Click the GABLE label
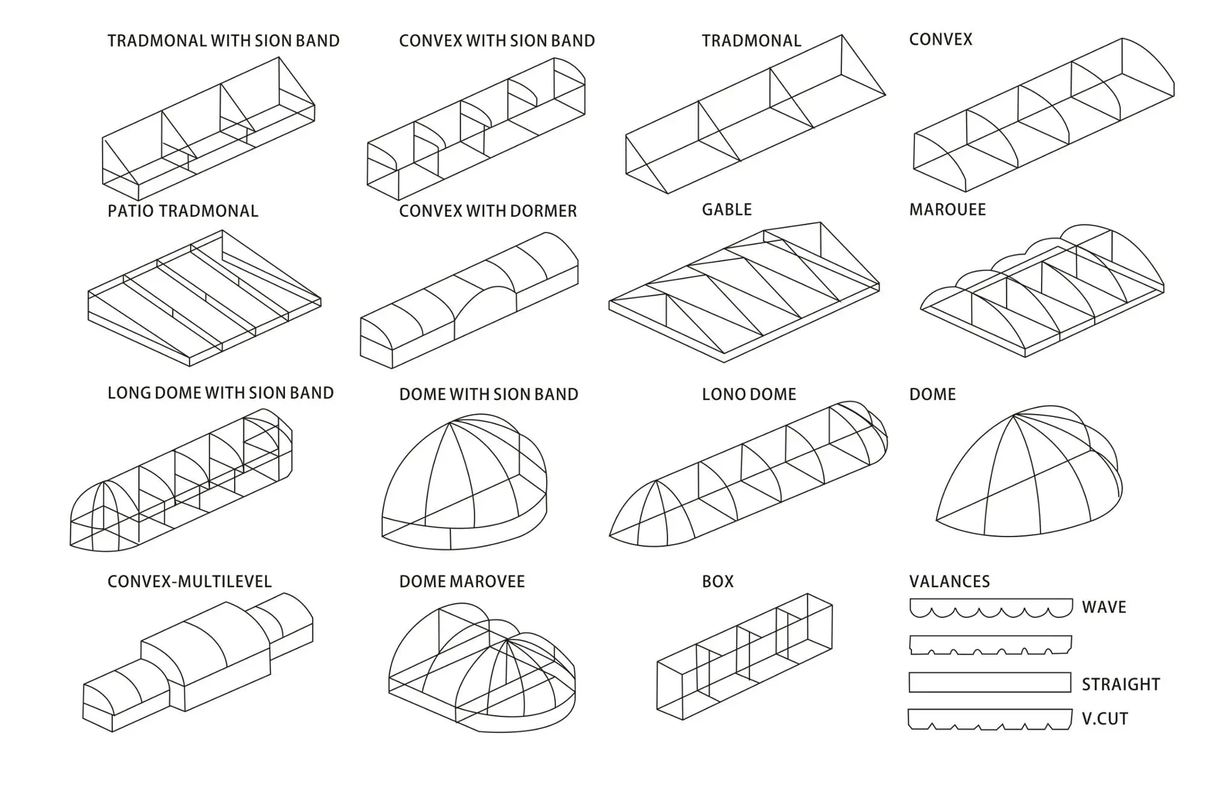[727, 209]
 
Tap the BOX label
[718, 581]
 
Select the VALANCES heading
[949, 581]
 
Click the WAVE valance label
[1104, 607]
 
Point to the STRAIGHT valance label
[1121, 684]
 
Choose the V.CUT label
[1104, 719]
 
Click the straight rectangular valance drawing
[990, 683]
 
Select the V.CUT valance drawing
[990, 719]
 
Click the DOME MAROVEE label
[462, 581]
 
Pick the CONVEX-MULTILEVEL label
[189, 581]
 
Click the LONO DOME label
[748, 394]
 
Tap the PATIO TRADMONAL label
[182, 211]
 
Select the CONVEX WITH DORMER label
[488, 211]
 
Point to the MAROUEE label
[947, 209]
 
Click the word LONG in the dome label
[129, 393]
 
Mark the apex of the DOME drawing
[1014, 415]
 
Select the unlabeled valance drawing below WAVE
[990, 645]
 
